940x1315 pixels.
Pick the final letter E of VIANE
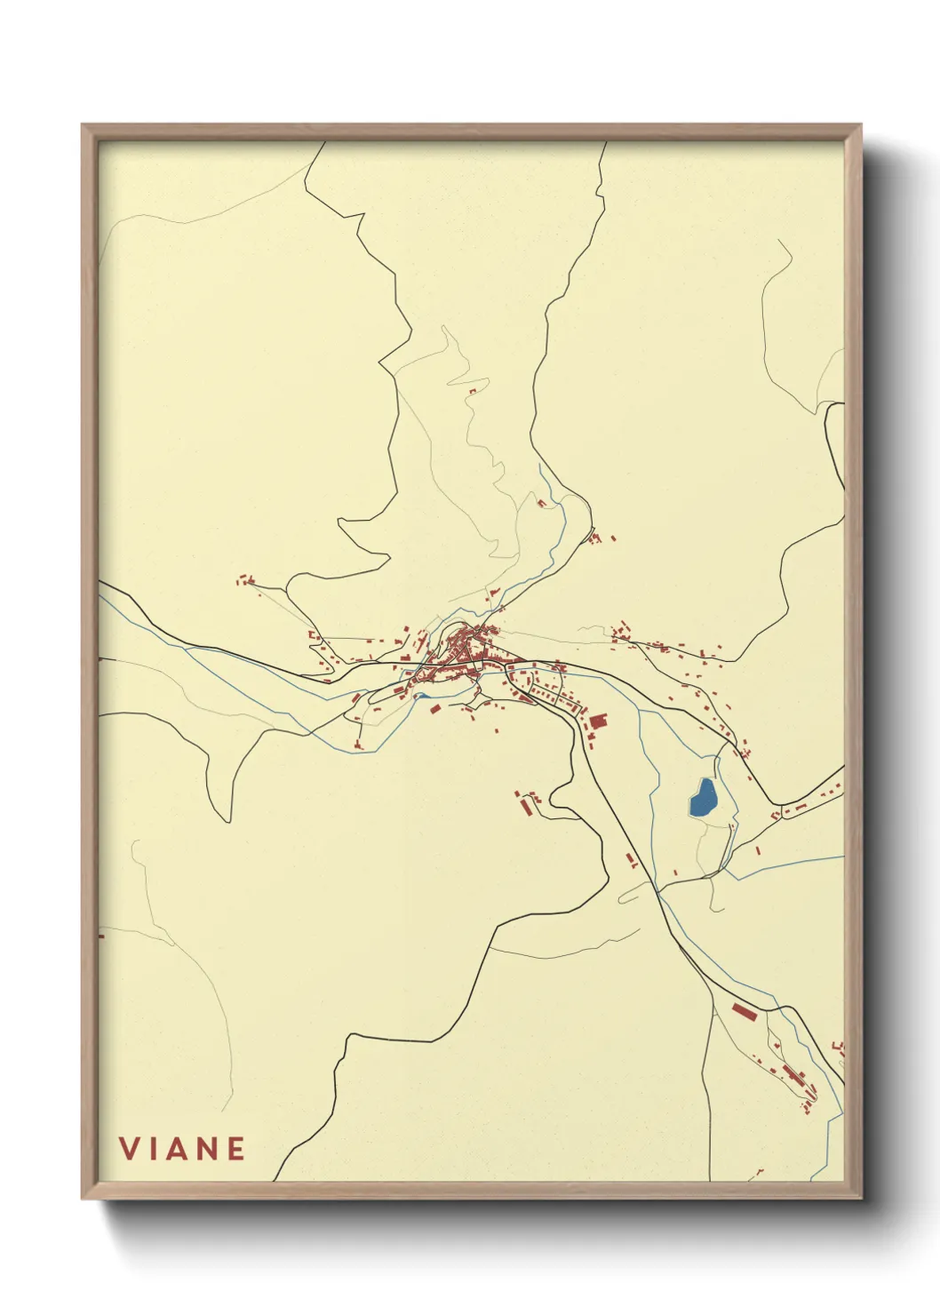tap(235, 1149)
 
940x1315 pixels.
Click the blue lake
tap(704, 799)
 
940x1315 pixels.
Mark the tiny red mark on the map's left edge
tap(100, 936)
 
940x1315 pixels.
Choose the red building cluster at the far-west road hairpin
tap(245, 581)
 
